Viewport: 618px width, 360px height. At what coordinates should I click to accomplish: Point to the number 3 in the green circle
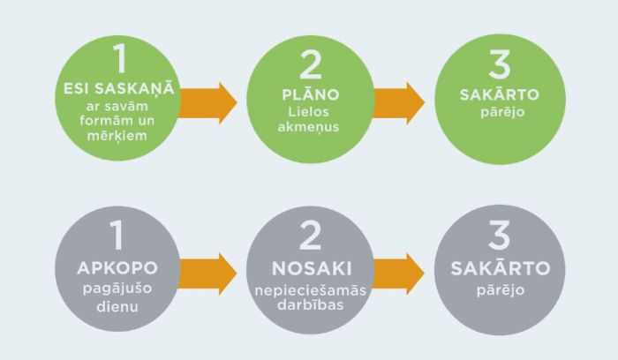[500, 65]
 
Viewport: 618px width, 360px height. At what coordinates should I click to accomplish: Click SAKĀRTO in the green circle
[500, 94]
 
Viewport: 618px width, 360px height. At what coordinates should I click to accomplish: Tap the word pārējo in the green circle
[500, 112]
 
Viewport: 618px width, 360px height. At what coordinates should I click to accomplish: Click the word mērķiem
[120, 139]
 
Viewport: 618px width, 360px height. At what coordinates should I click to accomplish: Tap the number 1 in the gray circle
[120, 236]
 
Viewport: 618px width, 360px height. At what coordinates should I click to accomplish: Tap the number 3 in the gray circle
[500, 238]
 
